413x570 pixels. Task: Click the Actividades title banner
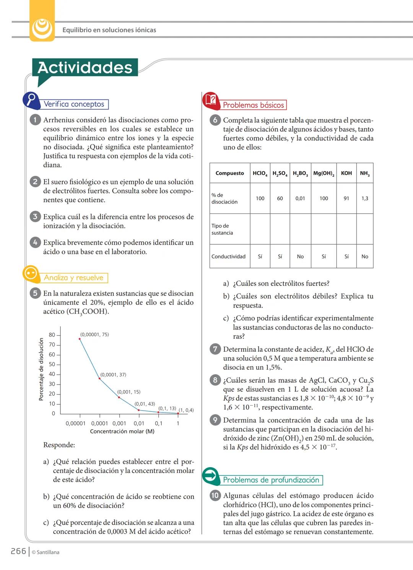(x=85, y=68)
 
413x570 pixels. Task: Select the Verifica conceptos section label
(x=74, y=104)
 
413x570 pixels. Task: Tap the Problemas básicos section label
(x=254, y=105)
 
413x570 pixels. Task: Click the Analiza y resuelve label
(x=74, y=278)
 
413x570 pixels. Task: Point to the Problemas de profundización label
(x=271, y=480)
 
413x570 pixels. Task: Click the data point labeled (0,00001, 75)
(x=80, y=339)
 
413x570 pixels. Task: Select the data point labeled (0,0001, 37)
(x=100, y=378)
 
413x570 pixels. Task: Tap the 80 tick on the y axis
(x=52, y=335)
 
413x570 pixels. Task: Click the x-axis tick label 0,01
(x=139, y=423)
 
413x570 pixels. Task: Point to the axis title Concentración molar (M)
(x=122, y=431)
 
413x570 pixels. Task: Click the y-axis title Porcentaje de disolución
(x=41, y=369)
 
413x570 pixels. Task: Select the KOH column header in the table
(x=346, y=173)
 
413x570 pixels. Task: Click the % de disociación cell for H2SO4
(x=280, y=198)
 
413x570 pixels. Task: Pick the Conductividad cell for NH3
(x=365, y=257)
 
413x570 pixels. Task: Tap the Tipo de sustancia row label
(x=222, y=229)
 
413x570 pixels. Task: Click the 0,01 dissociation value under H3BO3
(x=300, y=198)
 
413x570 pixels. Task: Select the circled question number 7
(x=215, y=349)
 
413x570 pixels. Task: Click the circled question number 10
(x=215, y=495)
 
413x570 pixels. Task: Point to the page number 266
(x=18, y=551)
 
